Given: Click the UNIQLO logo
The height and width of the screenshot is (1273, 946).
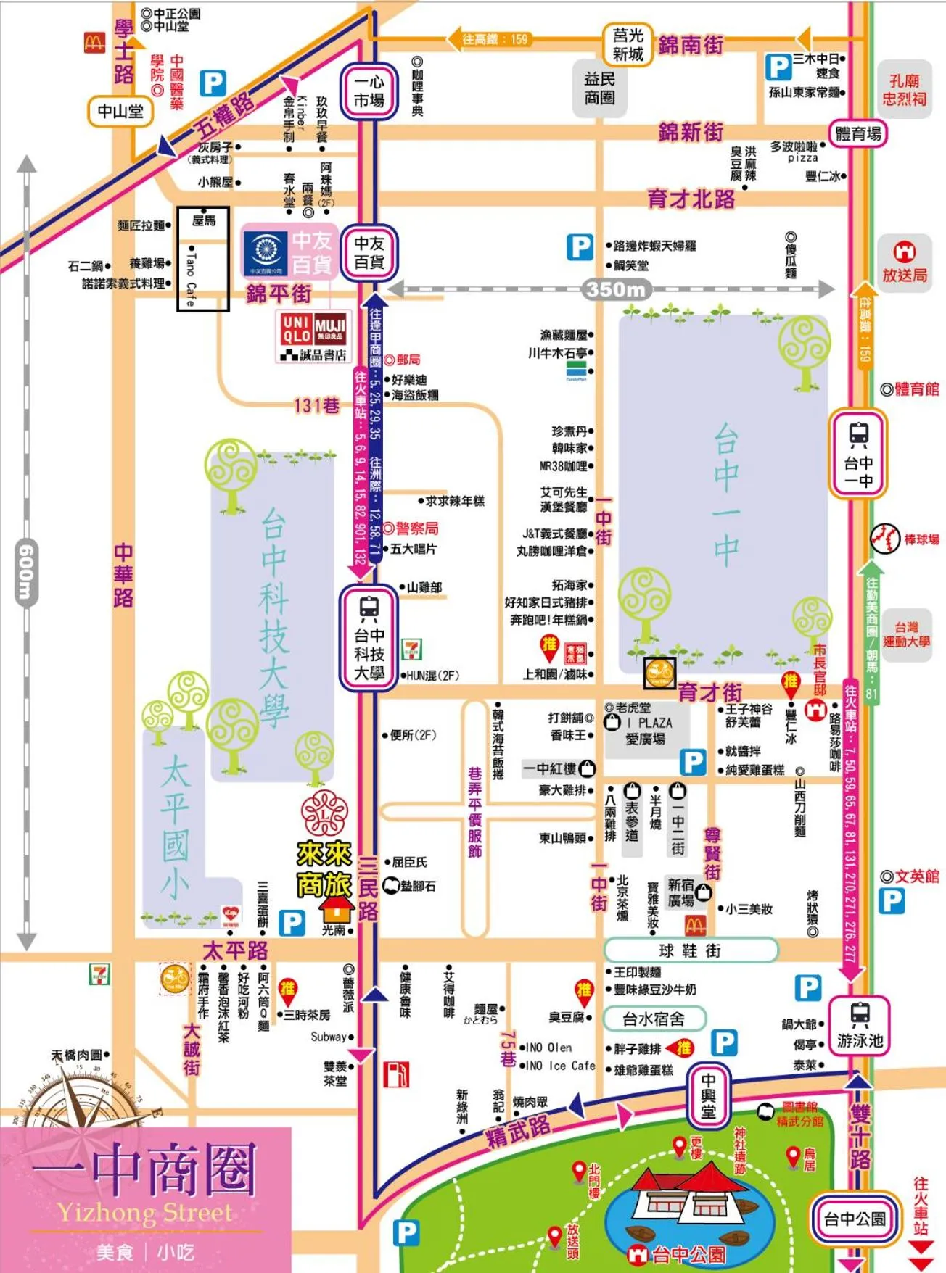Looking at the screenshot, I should [297, 329].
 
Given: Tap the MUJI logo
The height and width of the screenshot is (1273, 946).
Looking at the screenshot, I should [330, 329].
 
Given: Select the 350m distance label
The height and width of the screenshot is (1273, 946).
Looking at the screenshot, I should [616, 289].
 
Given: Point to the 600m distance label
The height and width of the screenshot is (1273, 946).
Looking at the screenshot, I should [25, 572].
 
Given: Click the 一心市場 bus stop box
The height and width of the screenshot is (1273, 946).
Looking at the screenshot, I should [369, 92].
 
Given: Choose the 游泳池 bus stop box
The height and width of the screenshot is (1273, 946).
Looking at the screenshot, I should [860, 1028].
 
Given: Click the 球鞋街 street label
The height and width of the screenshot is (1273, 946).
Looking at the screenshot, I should [690, 950].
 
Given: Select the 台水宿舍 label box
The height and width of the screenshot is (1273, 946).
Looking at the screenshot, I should [654, 1019].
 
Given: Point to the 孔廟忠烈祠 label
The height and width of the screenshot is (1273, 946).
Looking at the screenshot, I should [904, 90].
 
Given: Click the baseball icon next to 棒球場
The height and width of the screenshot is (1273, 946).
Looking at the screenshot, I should [884, 539].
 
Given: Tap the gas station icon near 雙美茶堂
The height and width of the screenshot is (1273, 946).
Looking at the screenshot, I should [395, 1074].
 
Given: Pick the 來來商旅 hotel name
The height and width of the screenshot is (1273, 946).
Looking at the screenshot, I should [324, 869].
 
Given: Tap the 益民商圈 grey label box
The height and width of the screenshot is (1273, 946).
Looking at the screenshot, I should [599, 88].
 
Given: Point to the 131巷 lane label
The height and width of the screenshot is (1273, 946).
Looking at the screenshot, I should [316, 405].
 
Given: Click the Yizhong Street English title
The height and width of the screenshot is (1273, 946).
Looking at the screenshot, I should [145, 1212].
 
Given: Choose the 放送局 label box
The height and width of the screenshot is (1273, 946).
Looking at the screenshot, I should [904, 263].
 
